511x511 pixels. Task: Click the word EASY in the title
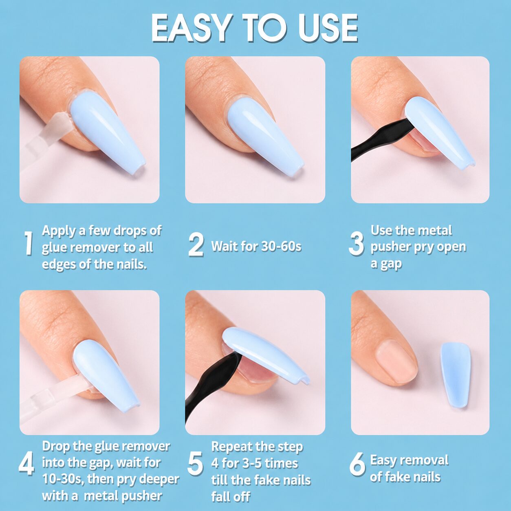click(192, 29)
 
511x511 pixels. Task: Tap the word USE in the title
click(328, 29)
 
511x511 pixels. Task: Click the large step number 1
click(29, 243)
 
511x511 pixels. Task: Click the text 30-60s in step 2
click(281, 247)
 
